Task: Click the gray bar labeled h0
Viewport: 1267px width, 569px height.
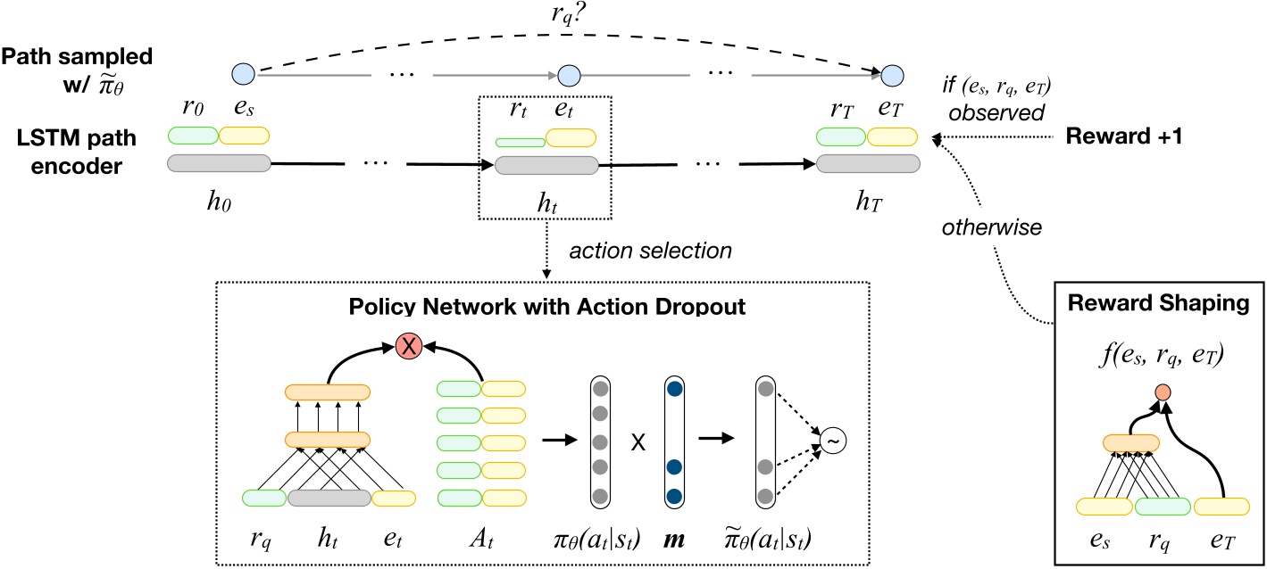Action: [x=219, y=163]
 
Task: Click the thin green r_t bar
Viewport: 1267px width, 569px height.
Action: [x=520, y=142]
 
